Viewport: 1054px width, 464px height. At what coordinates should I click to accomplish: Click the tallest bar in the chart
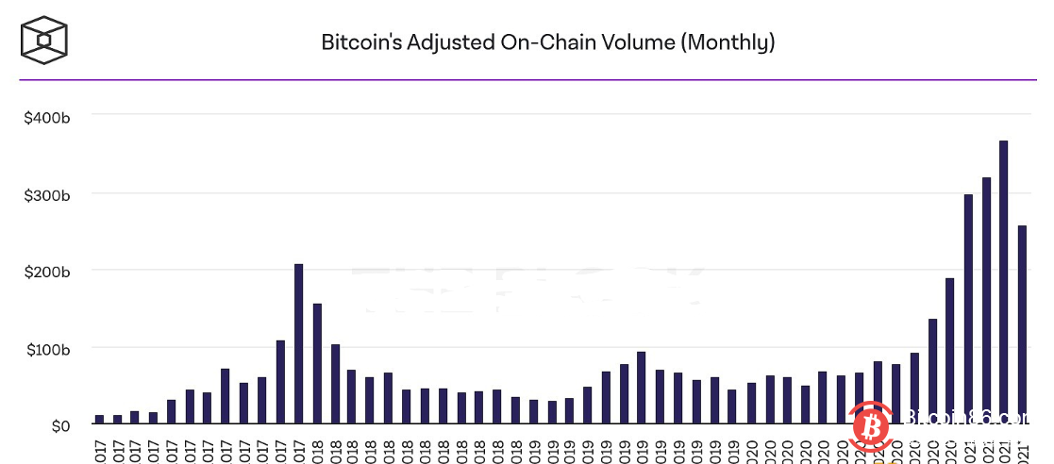point(1004,283)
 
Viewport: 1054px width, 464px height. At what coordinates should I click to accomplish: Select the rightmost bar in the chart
point(1022,325)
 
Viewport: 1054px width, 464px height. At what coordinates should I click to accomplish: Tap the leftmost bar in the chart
point(99,420)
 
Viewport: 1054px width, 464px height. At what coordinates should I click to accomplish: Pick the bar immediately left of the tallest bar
point(986,302)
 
